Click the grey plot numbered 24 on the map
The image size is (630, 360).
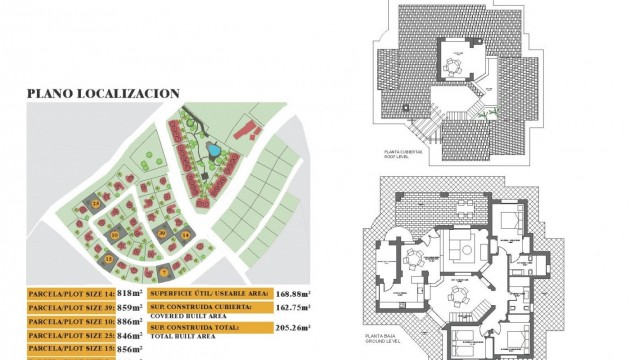pyautogui.click(x=96, y=203)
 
